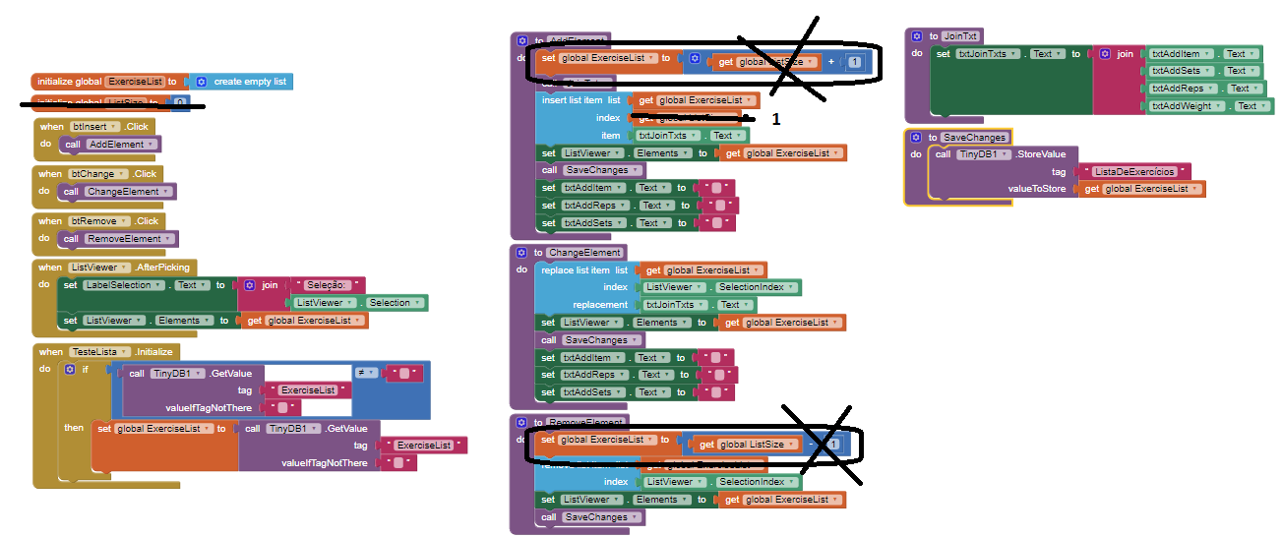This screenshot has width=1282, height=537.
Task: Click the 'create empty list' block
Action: click(x=250, y=82)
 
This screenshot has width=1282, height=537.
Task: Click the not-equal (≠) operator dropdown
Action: click(x=363, y=374)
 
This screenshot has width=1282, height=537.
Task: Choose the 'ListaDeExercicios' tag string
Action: click(x=1134, y=171)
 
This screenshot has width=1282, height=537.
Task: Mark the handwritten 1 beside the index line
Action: click(x=776, y=119)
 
